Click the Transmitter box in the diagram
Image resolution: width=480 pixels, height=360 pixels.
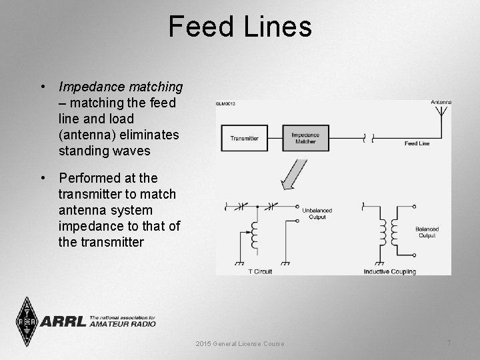(245, 139)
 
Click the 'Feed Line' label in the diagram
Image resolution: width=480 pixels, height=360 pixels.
(417, 143)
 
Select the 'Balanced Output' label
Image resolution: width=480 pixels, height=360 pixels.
(427, 231)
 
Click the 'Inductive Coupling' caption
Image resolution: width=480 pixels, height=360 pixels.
(390, 271)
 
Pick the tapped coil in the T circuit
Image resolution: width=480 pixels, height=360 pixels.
(255, 236)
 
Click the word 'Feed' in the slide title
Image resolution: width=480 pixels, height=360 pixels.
(203, 27)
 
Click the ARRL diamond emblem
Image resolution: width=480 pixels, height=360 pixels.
(27, 321)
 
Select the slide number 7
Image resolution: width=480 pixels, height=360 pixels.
(449, 343)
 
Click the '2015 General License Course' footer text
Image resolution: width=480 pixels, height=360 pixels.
(240, 343)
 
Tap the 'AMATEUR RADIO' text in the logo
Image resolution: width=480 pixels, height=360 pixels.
(122, 324)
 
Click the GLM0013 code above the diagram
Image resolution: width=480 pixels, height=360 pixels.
(225, 103)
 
